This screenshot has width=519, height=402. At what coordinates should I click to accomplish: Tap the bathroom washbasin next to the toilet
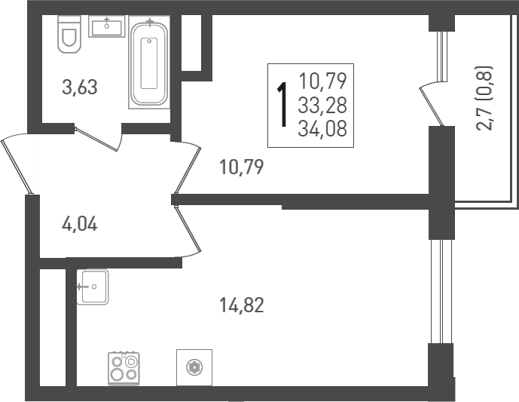coord(106,27)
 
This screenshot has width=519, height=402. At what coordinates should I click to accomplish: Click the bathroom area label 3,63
coord(80,87)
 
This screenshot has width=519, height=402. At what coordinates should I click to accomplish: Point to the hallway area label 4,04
coord(80,224)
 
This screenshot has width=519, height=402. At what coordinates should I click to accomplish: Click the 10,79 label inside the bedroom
coord(241,166)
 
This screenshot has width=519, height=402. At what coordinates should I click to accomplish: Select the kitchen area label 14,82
coord(241,305)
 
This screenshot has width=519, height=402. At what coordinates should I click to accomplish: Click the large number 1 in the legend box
coord(282,106)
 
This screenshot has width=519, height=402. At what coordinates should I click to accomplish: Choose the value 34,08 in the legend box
coord(322,129)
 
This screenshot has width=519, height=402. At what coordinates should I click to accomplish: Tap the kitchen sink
coord(93,287)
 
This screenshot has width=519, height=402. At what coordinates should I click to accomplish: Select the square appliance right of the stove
coord(194,367)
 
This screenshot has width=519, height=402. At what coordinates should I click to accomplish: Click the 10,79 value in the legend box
coord(322,79)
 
